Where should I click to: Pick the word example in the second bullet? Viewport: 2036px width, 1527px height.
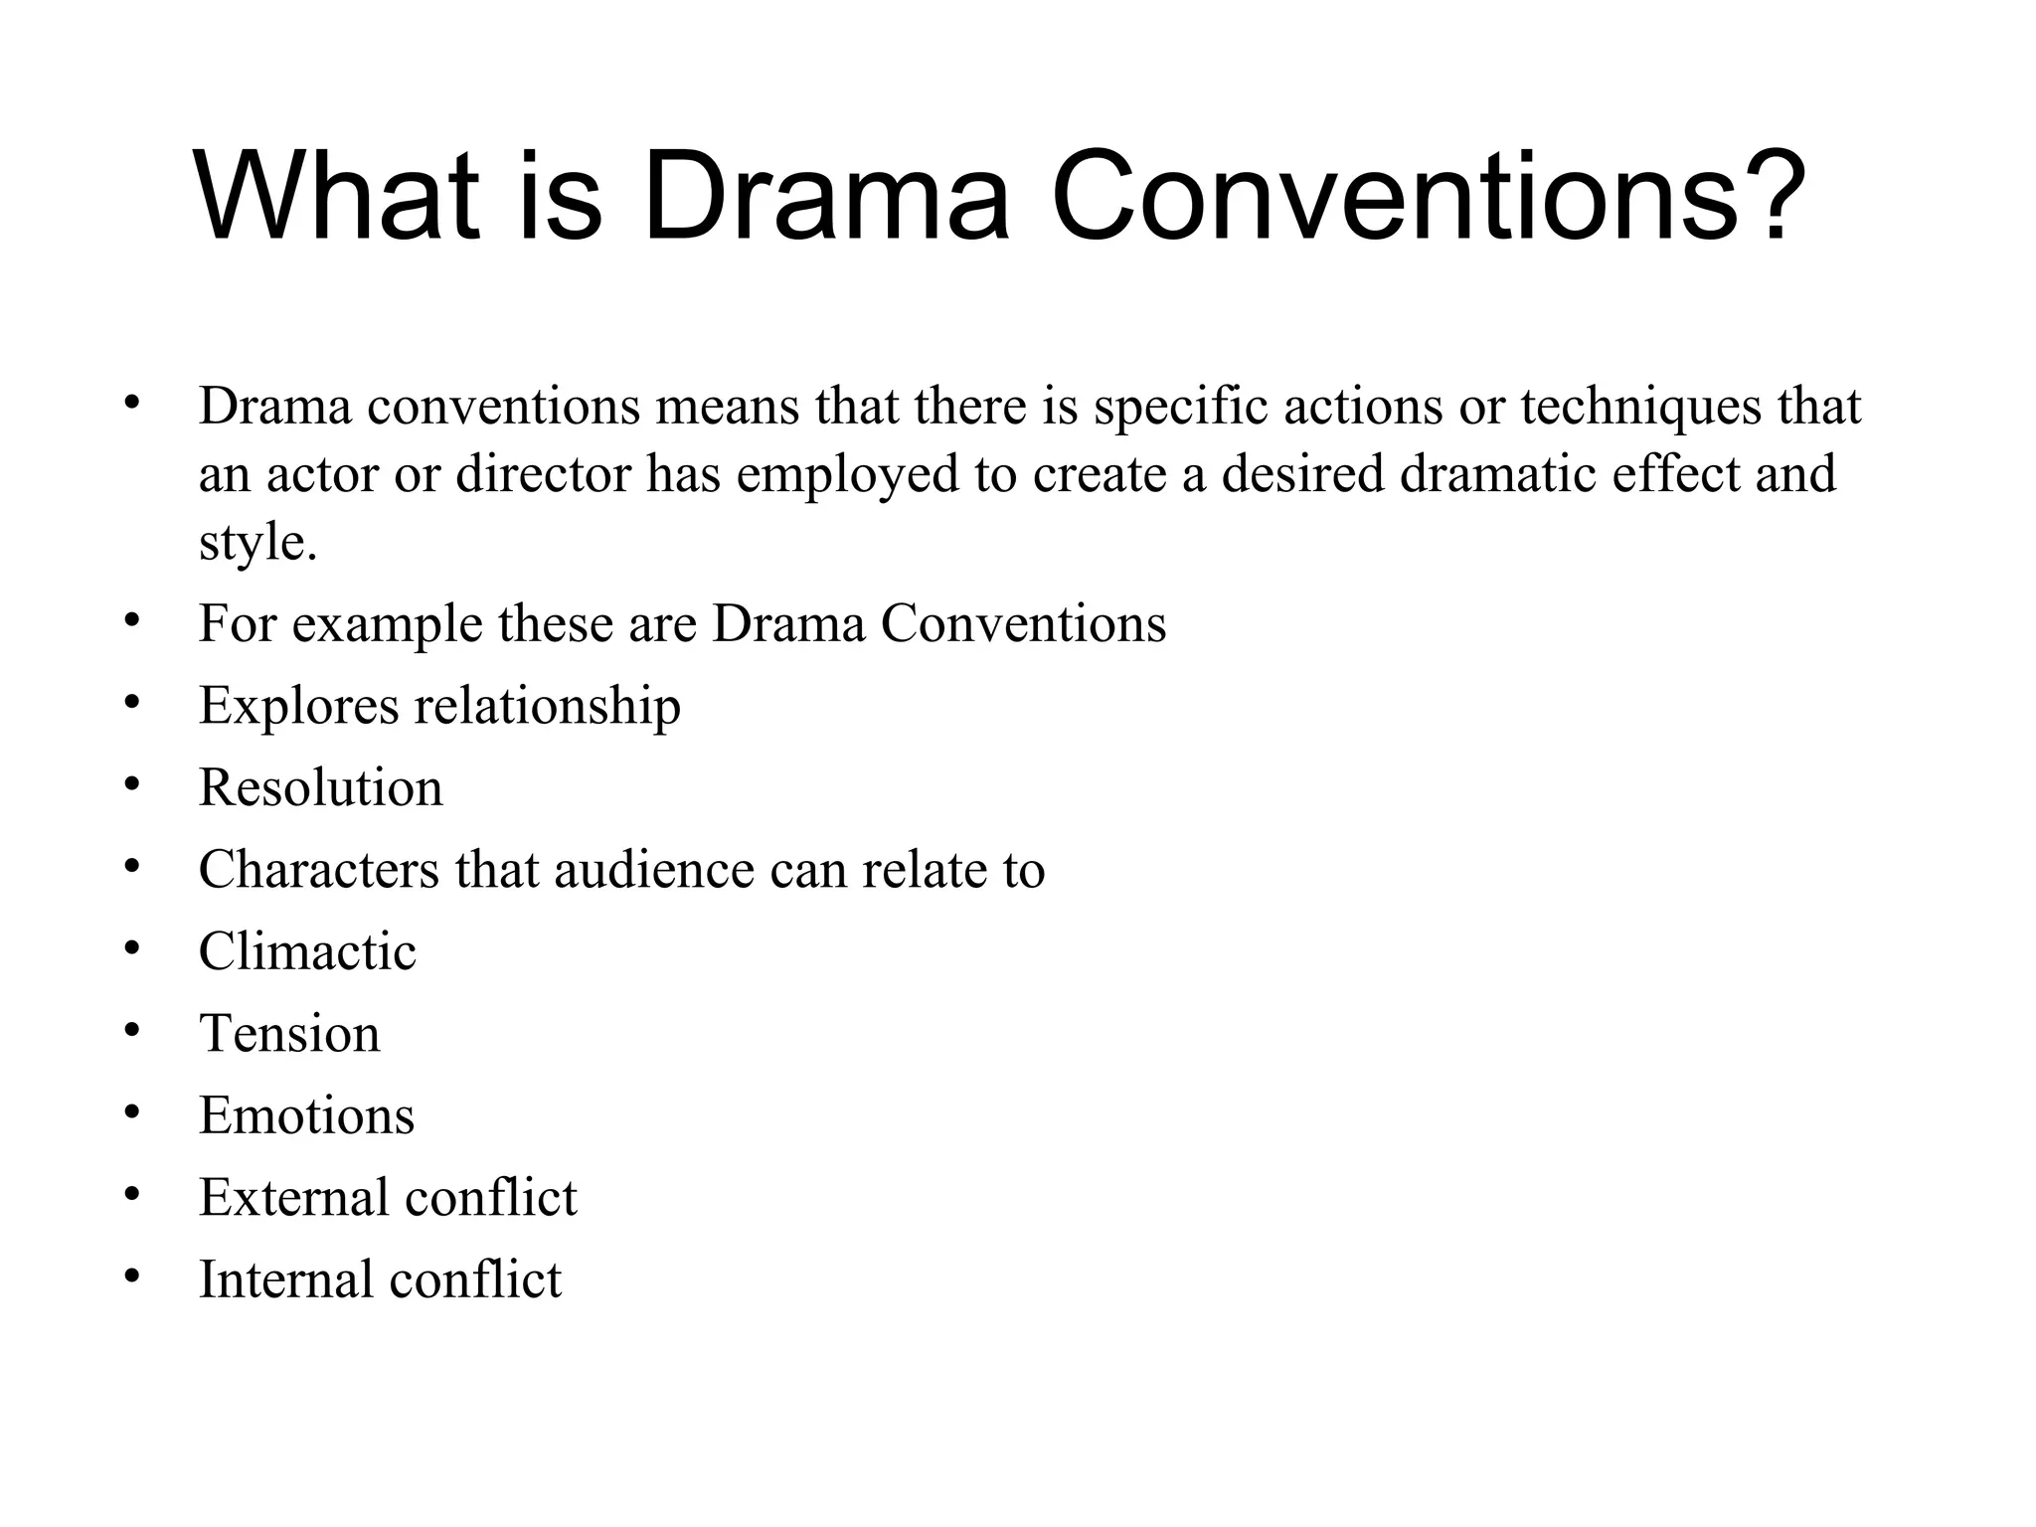(x=387, y=624)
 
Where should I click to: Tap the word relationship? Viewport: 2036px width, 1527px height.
(x=547, y=706)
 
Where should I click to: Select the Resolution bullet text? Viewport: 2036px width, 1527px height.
(x=320, y=788)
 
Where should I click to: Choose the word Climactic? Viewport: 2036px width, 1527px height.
(x=307, y=951)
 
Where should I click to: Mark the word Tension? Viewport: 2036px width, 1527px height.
(x=289, y=1034)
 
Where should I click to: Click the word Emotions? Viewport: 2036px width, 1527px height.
(x=306, y=1115)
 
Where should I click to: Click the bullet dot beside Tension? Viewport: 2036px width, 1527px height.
(x=132, y=1030)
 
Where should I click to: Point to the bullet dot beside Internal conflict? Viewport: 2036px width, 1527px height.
(x=132, y=1275)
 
